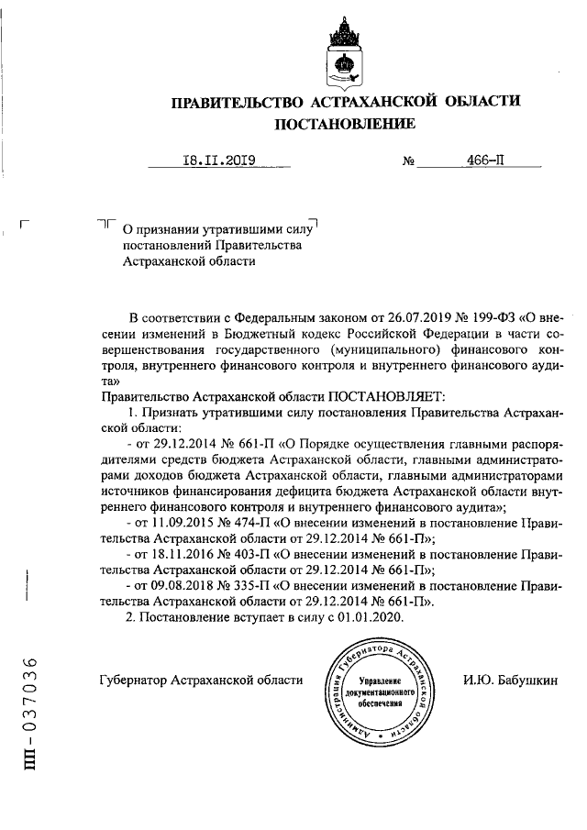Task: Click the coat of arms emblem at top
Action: pyautogui.click(x=344, y=53)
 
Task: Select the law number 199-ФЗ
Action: pyautogui.click(x=490, y=318)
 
